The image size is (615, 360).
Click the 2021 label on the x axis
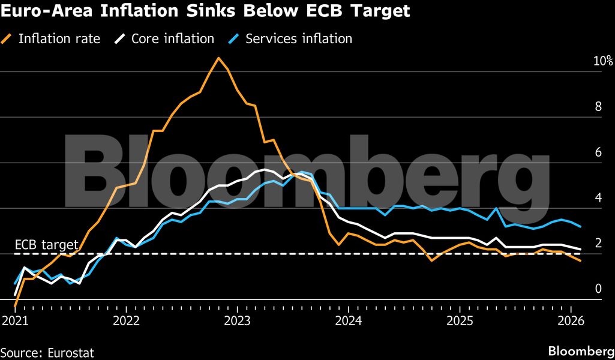(16, 320)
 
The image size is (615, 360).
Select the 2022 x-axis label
(126, 320)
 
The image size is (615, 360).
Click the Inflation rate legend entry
(59, 39)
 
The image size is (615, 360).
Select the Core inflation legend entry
(172, 39)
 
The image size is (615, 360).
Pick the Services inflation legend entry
(299, 39)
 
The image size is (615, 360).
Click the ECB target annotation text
(47, 245)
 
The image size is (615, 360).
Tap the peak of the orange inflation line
(218, 58)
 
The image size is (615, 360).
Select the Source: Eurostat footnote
(47, 353)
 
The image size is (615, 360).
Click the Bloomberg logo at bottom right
(581, 351)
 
